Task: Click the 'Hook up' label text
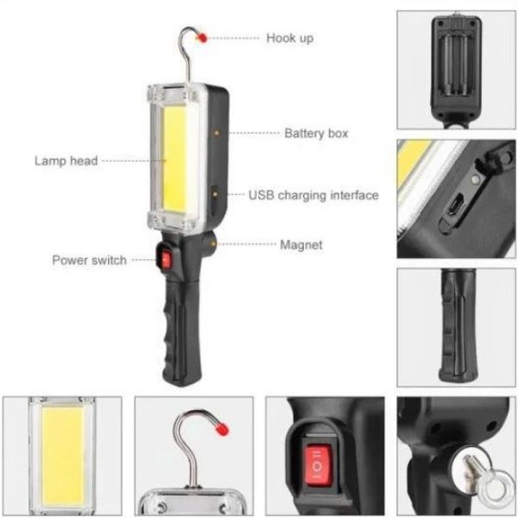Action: click(x=290, y=38)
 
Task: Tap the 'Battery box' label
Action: click(x=316, y=133)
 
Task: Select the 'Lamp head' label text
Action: click(x=66, y=161)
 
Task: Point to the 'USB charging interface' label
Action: click(x=313, y=195)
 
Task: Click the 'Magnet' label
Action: click(x=301, y=245)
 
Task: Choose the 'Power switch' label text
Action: click(x=89, y=261)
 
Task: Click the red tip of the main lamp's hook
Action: click(x=202, y=38)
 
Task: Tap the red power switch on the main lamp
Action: click(x=166, y=259)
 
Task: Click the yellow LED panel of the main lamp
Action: click(x=174, y=159)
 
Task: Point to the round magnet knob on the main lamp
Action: click(x=210, y=244)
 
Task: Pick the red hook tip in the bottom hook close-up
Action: click(x=222, y=428)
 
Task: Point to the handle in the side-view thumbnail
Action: click(x=458, y=325)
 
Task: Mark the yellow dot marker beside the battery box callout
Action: click(x=217, y=133)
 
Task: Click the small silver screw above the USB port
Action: click(x=476, y=180)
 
